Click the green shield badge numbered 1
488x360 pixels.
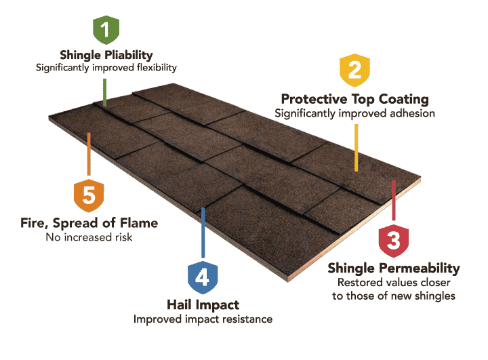click(x=106, y=29)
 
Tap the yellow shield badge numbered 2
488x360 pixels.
click(x=355, y=71)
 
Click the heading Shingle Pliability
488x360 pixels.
click(x=106, y=55)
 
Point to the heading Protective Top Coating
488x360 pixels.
click(x=354, y=99)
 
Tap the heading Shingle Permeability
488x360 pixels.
click(x=394, y=268)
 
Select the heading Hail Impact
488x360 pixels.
click(x=203, y=305)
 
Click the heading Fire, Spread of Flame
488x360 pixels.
click(x=90, y=223)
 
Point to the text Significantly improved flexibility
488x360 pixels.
click(x=106, y=68)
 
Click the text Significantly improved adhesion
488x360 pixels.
click(x=354, y=113)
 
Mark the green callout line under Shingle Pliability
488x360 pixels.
click(x=105, y=89)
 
